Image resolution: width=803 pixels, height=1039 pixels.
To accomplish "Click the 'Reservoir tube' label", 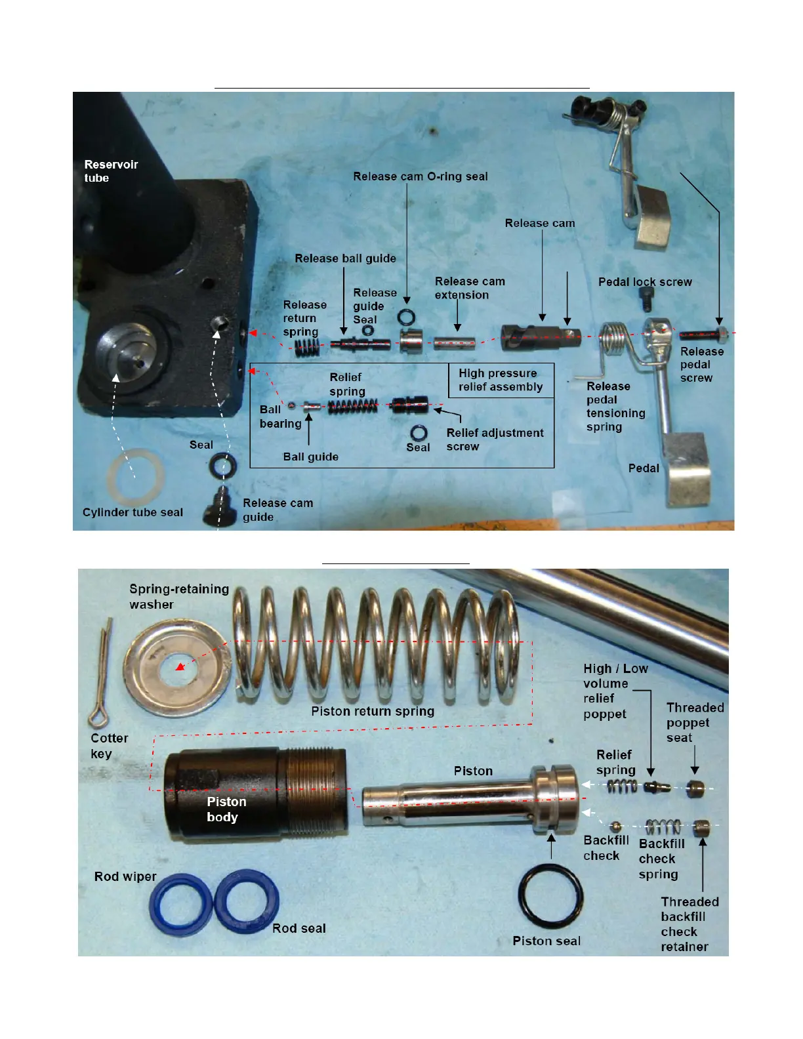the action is click(x=111, y=171).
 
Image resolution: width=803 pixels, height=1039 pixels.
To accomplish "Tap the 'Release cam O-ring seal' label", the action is click(x=420, y=176).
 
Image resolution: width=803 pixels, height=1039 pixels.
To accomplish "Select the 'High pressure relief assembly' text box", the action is click(x=501, y=380).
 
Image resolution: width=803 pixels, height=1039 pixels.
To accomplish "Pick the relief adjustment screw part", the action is click(x=410, y=405).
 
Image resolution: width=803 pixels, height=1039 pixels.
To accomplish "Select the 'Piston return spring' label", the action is click(x=373, y=711).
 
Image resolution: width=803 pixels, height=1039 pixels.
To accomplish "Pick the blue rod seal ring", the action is click(x=247, y=901).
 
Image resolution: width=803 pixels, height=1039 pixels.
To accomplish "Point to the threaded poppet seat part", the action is click(x=695, y=788).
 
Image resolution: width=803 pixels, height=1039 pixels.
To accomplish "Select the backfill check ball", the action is click(x=615, y=826).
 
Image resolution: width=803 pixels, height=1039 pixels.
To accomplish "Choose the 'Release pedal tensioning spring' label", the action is click(x=615, y=407).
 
